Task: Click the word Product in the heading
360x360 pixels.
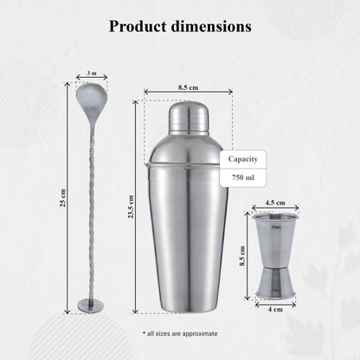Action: pyautogui.click(x=138, y=26)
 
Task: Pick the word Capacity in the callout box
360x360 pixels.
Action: pyautogui.click(x=241, y=159)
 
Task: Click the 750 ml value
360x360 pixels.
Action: pyautogui.click(x=241, y=177)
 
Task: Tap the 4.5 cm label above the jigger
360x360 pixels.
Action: pyautogui.click(x=274, y=203)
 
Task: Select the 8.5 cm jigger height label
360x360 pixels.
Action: pyautogui.click(x=243, y=254)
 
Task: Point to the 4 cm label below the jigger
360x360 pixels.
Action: pyautogui.click(x=274, y=309)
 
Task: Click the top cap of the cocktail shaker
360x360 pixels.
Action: pyautogui.click(x=187, y=119)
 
